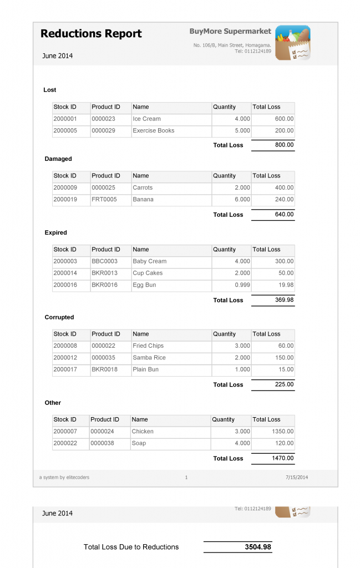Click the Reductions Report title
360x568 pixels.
[x=91, y=34]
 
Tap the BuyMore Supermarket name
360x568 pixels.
[x=230, y=32]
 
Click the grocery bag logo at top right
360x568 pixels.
[x=292, y=43]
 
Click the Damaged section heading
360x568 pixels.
[x=58, y=159]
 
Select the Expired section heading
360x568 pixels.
[x=55, y=232]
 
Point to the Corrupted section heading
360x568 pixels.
[x=59, y=317]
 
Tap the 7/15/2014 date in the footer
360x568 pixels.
[x=296, y=478]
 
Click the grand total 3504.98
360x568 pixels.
[x=258, y=547]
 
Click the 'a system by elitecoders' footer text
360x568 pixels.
[x=64, y=478]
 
